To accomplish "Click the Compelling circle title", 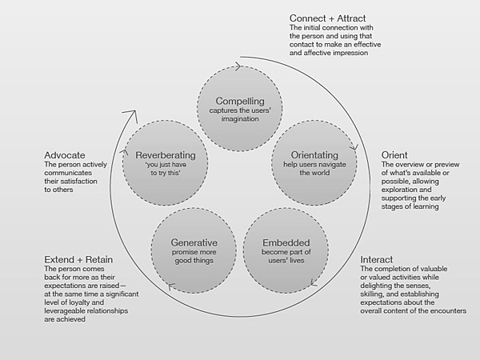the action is click(x=240, y=102).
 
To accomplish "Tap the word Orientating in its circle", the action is click(x=314, y=155).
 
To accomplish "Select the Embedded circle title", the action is click(x=286, y=242).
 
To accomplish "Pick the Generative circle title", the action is click(x=194, y=242).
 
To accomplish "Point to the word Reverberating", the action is click(x=166, y=155).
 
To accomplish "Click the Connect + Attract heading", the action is click(x=327, y=18).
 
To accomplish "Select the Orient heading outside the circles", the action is click(x=394, y=155).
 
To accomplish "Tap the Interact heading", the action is click(x=376, y=259).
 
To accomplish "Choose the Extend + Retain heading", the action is click(x=78, y=259).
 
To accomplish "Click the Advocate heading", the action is click(x=65, y=155).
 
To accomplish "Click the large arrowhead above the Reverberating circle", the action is click(x=130, y=115).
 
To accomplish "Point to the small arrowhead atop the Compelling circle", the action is click(x=238, y=66).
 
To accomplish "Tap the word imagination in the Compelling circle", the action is click(x=240, y=119).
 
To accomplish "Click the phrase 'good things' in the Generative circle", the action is click(x=194, y=261).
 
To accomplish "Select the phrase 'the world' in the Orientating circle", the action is click(x=314, y=173).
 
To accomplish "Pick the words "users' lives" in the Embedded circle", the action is click(x=286, y=261).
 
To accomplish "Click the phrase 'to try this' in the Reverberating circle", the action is click(x=166, y=173).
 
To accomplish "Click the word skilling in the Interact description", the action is click(x=371, y=294).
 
